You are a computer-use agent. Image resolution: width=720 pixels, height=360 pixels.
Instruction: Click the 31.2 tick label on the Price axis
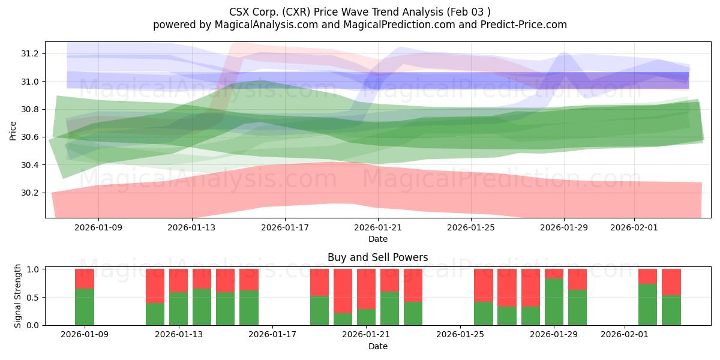(30, 54)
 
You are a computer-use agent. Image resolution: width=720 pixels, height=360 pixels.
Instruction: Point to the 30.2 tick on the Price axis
(30, 193)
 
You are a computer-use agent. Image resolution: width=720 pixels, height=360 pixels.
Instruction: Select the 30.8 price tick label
(30, 109)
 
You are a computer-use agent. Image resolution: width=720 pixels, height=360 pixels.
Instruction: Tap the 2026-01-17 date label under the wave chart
(284, 227)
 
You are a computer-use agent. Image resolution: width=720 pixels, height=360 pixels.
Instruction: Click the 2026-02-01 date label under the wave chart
(634, 227)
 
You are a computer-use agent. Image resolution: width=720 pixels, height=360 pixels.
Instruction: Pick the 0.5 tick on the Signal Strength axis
(34, 298)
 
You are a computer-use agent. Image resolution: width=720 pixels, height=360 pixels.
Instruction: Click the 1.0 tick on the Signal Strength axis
(34, 269)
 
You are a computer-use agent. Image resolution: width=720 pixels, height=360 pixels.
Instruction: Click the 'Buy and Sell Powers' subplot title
(377, 257)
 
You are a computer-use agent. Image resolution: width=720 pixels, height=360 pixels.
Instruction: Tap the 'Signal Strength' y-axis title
(18, 296)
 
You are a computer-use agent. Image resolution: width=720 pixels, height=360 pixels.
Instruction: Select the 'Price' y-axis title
(13, 131)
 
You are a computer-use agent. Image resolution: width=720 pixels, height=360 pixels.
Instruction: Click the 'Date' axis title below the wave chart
(377, 239)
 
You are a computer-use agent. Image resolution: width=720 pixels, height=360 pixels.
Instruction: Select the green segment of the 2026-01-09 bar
(85, 307)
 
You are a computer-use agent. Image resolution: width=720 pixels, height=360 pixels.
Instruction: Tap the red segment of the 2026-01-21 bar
(367, 289)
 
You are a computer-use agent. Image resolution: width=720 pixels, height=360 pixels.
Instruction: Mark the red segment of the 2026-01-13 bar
(179, 280)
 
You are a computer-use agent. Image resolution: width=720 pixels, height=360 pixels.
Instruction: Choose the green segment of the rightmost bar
(671, 310)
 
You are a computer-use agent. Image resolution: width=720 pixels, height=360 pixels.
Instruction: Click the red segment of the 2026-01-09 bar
(85, 279)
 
